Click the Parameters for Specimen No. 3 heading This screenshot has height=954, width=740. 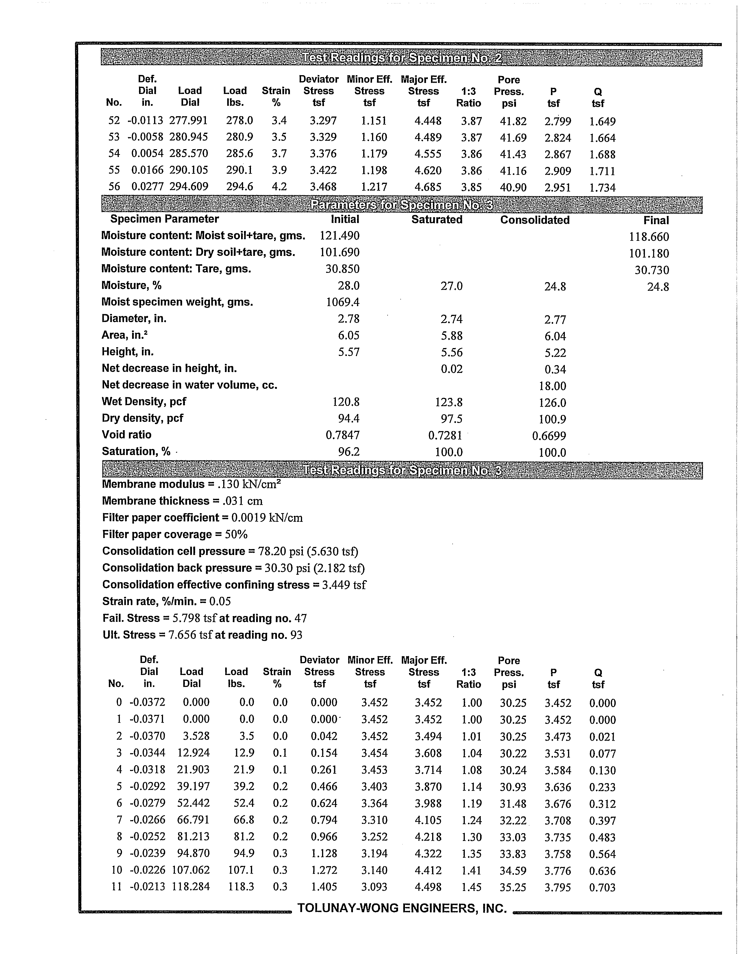point(402,205)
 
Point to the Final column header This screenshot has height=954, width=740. point(656,221)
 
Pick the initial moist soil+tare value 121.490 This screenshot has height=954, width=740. point(339,236)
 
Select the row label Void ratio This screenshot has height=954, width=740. point(127,435)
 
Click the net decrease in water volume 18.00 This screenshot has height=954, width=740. point(552,386)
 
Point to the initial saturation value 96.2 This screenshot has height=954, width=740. point(349,452)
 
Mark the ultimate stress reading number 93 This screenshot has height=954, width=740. point(296,635)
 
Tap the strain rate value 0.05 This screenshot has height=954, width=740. point(220,602)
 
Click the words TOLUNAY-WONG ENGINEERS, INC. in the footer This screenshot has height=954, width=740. point(402,909)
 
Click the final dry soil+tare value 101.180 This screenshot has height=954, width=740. point(649,253)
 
